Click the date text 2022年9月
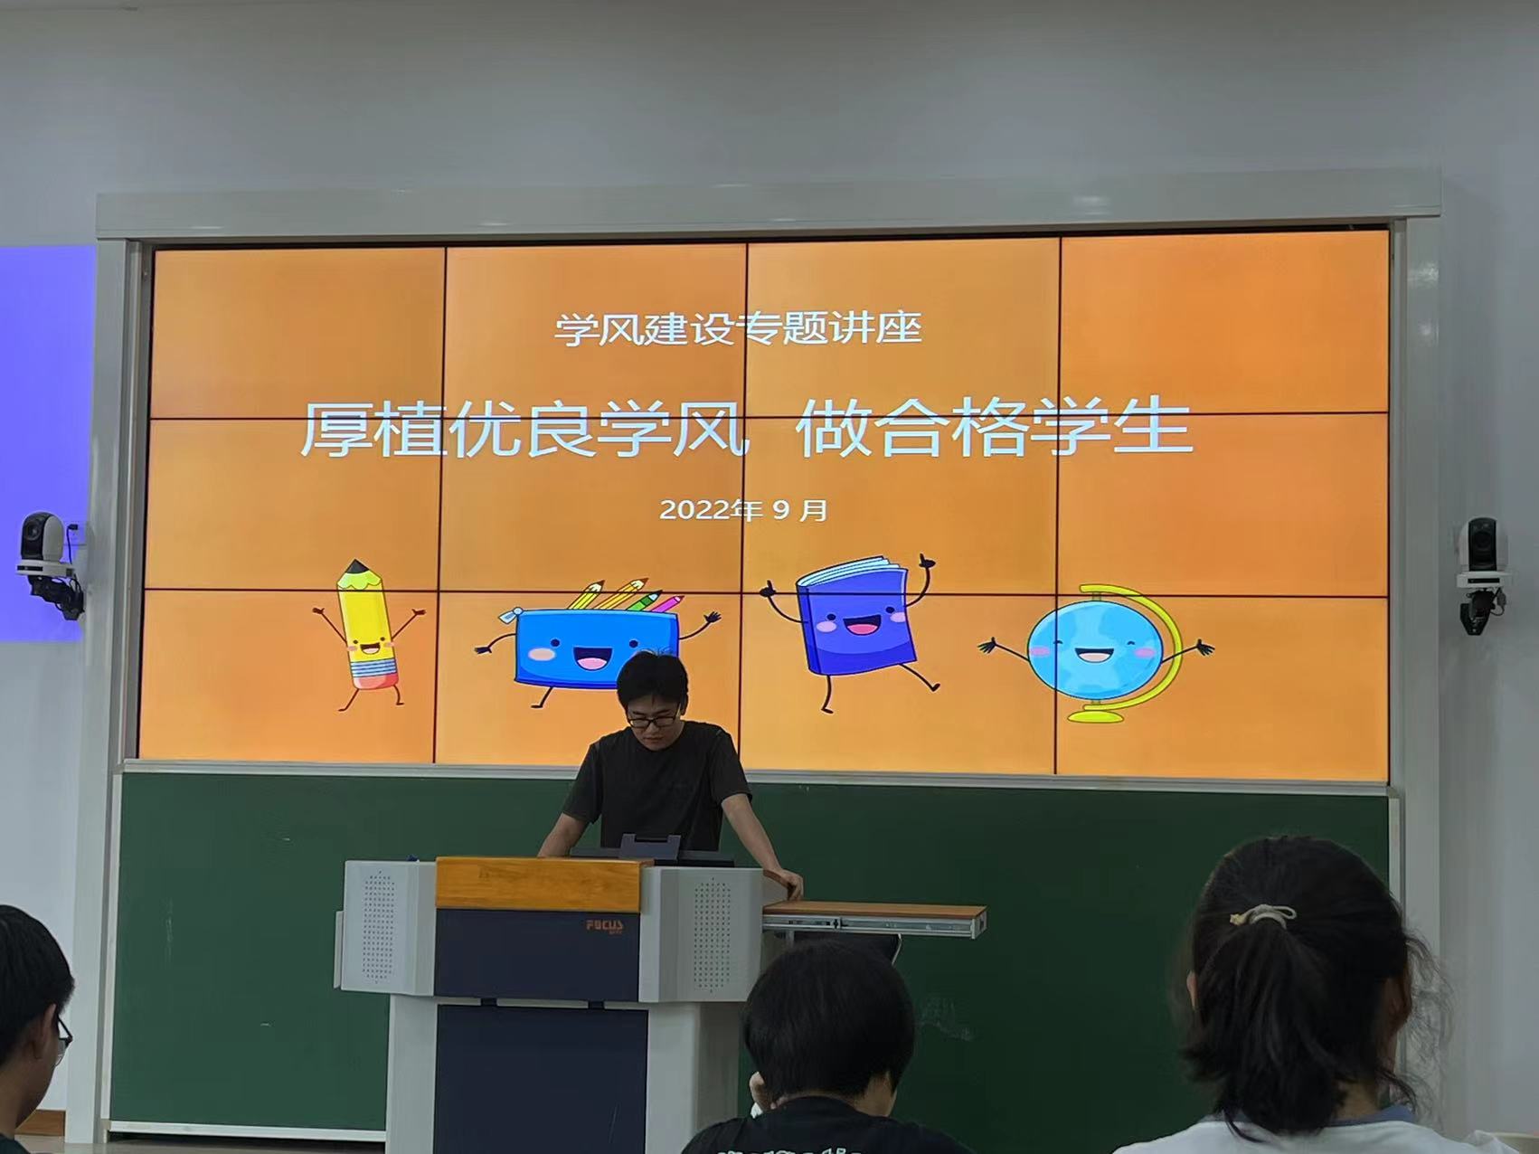tap(743, 510)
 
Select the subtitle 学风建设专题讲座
tap(738, 328)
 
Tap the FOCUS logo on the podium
tap(604, 926)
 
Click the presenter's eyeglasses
tap(651, 720)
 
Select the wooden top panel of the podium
tap(539, 883)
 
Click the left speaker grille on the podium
tap(379, 927)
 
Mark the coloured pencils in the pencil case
tap(624, 597)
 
